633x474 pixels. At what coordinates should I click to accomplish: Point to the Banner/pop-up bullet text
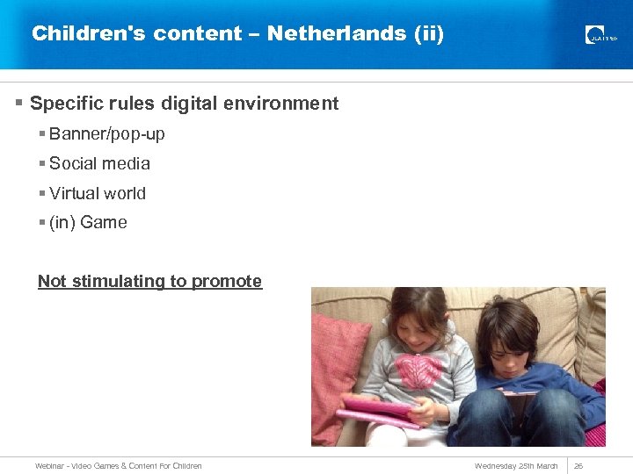(x=106, y=134)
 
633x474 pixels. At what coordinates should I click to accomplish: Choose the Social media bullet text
(x=99, y=163)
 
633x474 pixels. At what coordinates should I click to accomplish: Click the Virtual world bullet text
(x=98, y=193)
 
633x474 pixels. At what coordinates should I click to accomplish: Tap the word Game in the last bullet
(x=104, y=223)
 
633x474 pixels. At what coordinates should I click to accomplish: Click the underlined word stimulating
(x=118, y=282)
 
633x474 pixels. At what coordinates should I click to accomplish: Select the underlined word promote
(x=227, y=282)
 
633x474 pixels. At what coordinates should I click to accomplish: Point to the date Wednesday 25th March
(x=516, y=466)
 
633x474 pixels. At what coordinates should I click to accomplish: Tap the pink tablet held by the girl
(x=378, y=411)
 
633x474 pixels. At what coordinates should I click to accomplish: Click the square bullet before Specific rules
(x=19, y=104)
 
